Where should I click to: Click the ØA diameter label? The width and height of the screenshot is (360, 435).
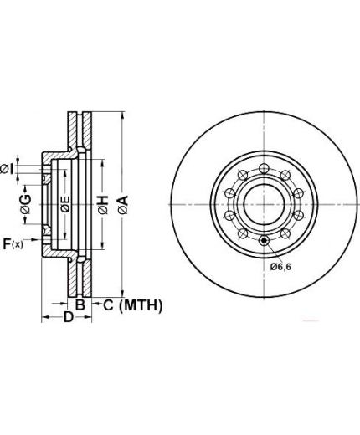[x=123, y=205]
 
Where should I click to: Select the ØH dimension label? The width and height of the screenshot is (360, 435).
[x=103, y=205]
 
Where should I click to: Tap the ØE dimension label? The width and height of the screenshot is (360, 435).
[x=65, y=204]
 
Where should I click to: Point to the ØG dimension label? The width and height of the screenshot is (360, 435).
[x=26, y=204]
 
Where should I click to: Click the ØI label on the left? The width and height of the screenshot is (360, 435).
[x=7, y=169]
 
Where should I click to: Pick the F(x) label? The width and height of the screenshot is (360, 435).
[x=13, y=244]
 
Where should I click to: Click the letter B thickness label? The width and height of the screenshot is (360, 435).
[x=80, y=304]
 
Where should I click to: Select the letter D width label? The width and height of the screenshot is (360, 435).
[x=69, y=317]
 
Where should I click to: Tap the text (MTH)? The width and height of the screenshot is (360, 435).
[x=141, y=305]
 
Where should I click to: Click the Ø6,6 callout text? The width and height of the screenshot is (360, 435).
[x=280, y=267]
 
